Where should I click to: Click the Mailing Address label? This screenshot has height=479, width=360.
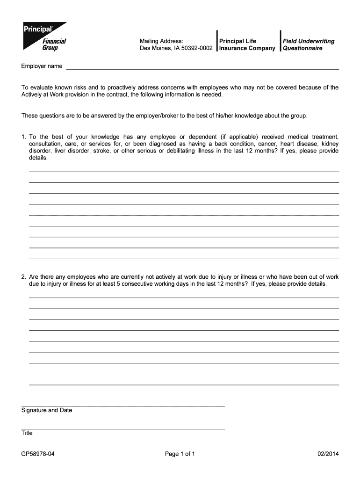coord(158,41)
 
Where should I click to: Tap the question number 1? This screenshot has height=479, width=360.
coord(23,137)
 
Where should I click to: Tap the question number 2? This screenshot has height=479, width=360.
coord(23,277)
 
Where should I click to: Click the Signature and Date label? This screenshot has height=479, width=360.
coord(47,410)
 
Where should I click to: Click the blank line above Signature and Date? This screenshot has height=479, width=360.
coord(122,406)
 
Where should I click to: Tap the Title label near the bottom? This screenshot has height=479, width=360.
coord(27,433)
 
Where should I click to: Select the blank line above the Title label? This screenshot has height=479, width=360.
coord(122,428)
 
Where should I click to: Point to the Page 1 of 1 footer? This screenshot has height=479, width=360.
coord(180,454)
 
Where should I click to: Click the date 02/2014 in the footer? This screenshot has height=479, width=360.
coord(327,454)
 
